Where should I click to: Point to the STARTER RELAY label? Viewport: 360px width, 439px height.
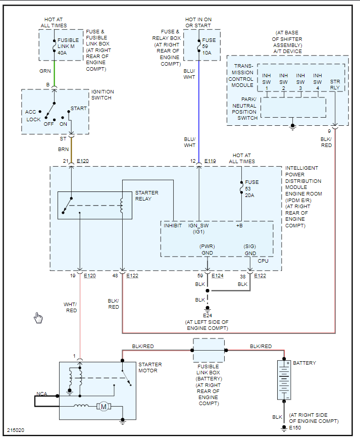(146, 196)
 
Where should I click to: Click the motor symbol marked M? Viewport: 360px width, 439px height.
(103, 406)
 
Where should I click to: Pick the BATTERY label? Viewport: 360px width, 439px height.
(304, 363)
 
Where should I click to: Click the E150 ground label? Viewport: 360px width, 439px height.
(295, 428)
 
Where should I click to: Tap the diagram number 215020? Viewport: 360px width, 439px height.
(16, 431)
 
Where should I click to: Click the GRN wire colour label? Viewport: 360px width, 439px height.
(45, 71)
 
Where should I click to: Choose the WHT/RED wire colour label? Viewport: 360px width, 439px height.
(71, 307)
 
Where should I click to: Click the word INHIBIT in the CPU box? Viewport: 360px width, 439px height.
(173, 225)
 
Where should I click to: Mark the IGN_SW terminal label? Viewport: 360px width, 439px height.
(198, 225)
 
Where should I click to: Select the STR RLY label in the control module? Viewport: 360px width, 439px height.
(335, 85)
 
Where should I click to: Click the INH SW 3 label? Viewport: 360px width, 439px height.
(300, 81)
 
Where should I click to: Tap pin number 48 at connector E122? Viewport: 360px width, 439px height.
(116, 276)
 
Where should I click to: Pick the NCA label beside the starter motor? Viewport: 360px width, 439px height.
(42, 394)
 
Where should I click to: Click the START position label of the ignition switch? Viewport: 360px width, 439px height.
(78, 108)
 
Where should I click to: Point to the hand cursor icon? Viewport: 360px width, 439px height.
(38, 317)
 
